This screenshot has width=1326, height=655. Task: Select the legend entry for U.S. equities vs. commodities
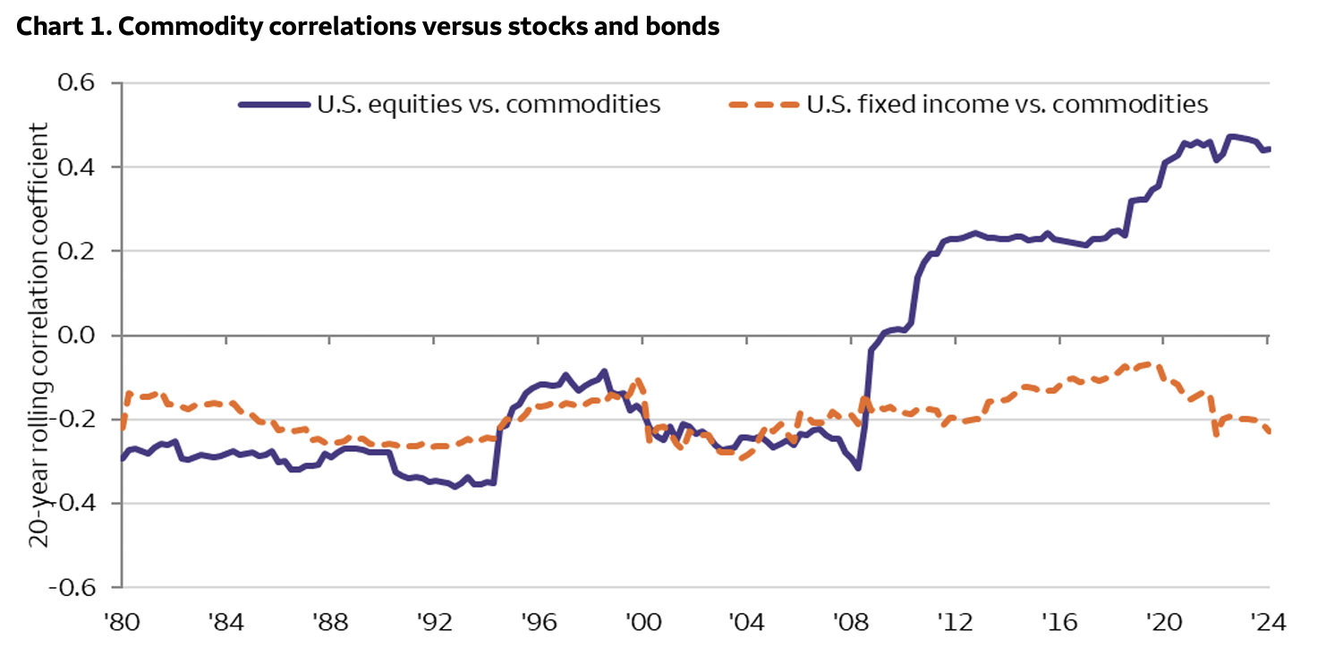coord(489,105)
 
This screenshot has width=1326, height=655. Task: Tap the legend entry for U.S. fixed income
coord(1007,105)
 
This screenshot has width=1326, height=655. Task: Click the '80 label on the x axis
coord(123,619)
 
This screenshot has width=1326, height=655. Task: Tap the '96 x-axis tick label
coord(539,619)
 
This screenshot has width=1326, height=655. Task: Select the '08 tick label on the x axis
coord(851,619)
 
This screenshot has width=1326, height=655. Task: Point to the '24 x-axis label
coord(1267,619)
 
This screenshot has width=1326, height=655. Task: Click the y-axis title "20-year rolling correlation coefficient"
coord(40,336)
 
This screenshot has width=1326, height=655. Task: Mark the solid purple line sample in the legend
coord(272,105)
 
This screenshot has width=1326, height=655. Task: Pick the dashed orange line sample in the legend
coord(762,105)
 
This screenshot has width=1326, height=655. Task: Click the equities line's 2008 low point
coord(858,468)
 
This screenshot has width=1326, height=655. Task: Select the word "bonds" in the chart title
coord(685,28)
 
